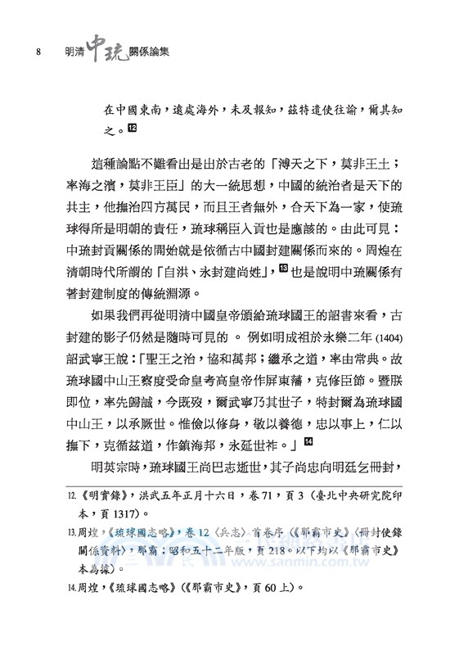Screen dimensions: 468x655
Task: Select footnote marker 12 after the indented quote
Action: point(133,128)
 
